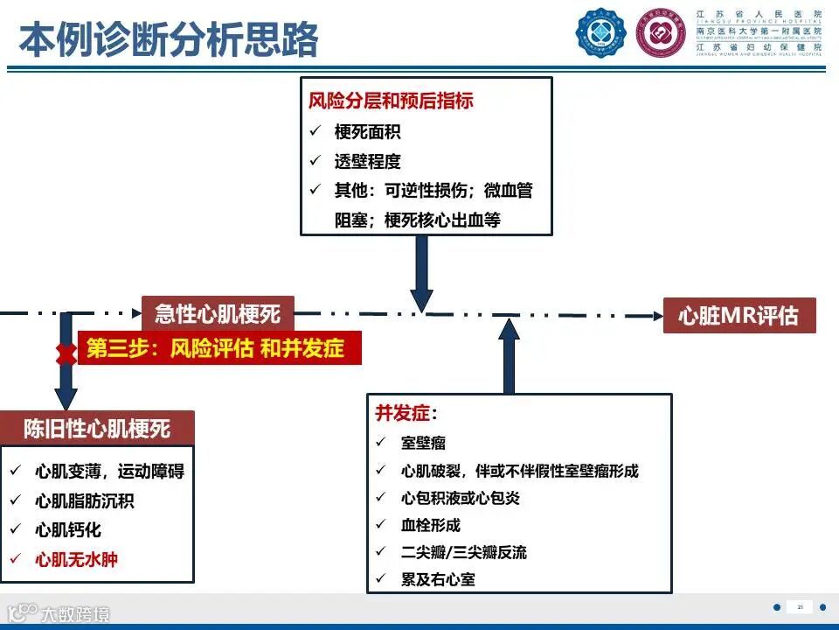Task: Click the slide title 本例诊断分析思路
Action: [168, 40]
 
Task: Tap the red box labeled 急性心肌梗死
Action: [218, 313]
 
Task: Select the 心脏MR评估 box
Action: [739, 315]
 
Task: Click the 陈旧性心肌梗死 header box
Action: [97, 428]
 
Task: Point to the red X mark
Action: [65, 354]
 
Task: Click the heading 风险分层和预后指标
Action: [391, 101]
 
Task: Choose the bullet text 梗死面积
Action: [368, 132]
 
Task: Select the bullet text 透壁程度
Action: [368, 162]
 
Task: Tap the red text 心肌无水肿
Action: [76, 559]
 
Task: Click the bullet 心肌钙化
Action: [68, 530]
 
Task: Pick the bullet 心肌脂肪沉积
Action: [85, 501]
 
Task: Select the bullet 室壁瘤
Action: [423, 444]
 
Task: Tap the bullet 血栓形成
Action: [431, 525]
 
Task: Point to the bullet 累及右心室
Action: [438, 579]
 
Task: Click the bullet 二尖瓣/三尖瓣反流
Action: [463, 552]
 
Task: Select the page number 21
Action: [799, 606]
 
